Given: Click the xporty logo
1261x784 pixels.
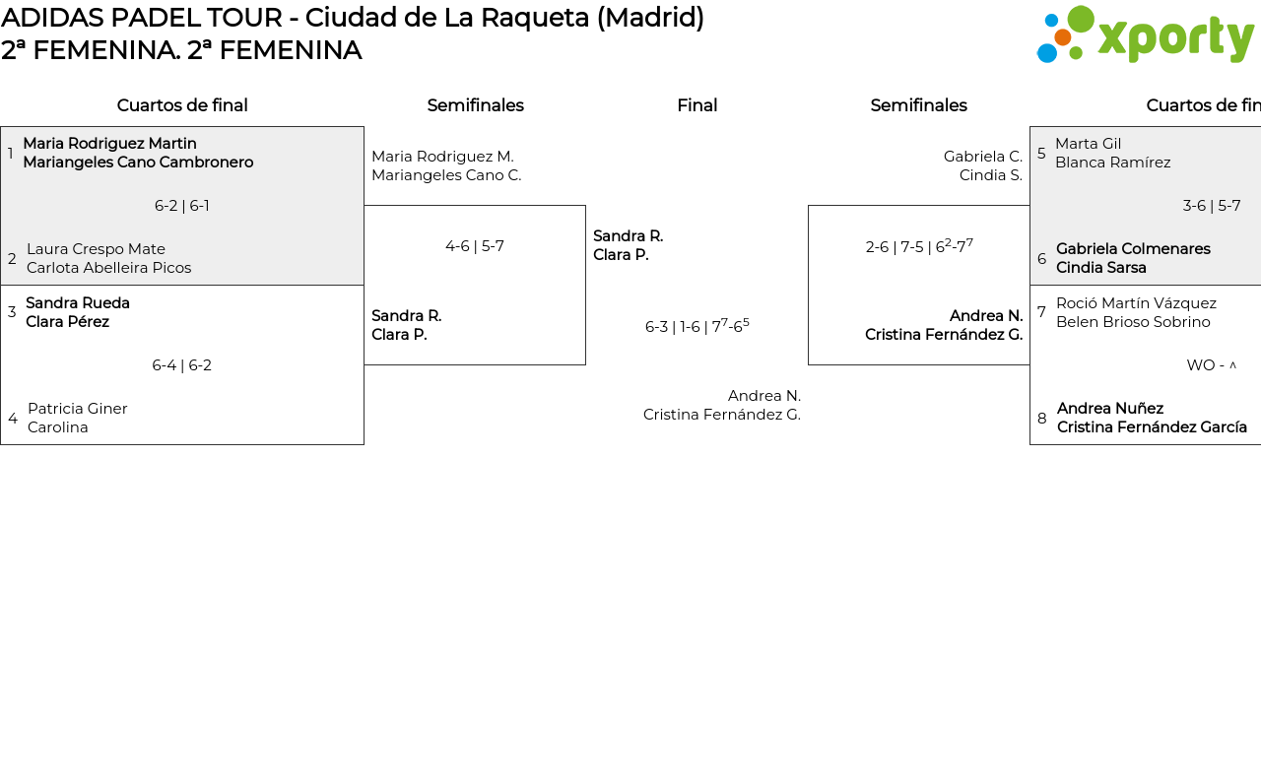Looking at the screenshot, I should tap(1145, 35).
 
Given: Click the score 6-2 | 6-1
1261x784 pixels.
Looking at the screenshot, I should tap(182, 206).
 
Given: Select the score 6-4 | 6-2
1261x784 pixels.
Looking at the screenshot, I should tap(182, 365).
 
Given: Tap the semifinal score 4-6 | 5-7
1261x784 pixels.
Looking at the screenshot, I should tap(475, 246).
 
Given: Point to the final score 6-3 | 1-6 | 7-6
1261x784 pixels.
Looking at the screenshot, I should tap(697, 326).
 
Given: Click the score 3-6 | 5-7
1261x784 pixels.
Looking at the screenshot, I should tap(1211, 206).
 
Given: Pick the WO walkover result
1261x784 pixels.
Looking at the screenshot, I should tap(1211, 365).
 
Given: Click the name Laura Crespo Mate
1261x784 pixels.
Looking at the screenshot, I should tap(96, 249).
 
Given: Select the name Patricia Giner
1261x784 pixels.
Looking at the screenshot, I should tap(78, 409).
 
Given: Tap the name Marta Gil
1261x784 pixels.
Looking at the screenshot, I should tap(1088, 144).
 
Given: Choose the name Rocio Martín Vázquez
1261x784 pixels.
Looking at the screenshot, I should tap(1136, 303).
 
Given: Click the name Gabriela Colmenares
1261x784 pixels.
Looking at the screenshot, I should tap(1133, 249).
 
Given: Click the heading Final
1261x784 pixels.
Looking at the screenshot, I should tap(697, 105).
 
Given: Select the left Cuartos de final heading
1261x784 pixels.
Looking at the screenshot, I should tap(182, 105).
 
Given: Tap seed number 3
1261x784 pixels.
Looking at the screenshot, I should tap(12, 312).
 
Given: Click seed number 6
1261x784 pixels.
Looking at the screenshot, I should tap(1041, 259).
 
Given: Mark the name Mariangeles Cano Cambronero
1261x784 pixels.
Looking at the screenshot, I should tap(138, 163).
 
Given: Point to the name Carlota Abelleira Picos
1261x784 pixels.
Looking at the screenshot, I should tap(108, 268).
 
